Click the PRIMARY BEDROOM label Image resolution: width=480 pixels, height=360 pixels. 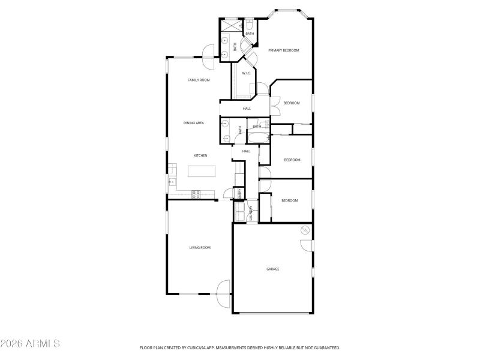[283, 50]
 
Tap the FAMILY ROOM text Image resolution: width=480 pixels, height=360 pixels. [199, 80]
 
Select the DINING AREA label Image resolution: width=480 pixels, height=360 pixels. [194, 123]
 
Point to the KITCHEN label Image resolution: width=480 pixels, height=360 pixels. [200, 155]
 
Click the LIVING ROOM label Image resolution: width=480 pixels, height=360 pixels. [200, 247]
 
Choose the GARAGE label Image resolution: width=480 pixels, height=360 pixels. [273, 269]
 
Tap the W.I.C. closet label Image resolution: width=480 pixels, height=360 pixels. [246, 73]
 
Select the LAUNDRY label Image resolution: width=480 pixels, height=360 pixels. [250, 213]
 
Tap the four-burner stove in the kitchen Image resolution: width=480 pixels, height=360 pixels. [196, 193]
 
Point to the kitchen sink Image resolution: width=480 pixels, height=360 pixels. [172, 181]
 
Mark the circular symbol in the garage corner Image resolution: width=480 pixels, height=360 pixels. [304, 230]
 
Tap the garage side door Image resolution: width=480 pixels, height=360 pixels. [307, 245]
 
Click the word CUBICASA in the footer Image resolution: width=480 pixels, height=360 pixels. [205, 347]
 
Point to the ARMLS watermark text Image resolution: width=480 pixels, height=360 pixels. [30, 344]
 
